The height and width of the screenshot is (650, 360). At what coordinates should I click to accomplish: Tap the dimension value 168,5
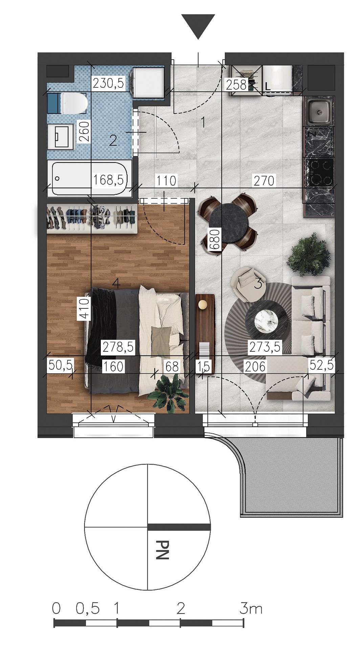108,179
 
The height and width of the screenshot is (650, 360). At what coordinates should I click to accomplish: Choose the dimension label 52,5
321,365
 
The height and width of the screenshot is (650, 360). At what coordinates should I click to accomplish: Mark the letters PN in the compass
163,549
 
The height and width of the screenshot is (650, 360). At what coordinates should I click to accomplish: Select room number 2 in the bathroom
113,140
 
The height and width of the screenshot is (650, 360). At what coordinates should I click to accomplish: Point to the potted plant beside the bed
168,393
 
